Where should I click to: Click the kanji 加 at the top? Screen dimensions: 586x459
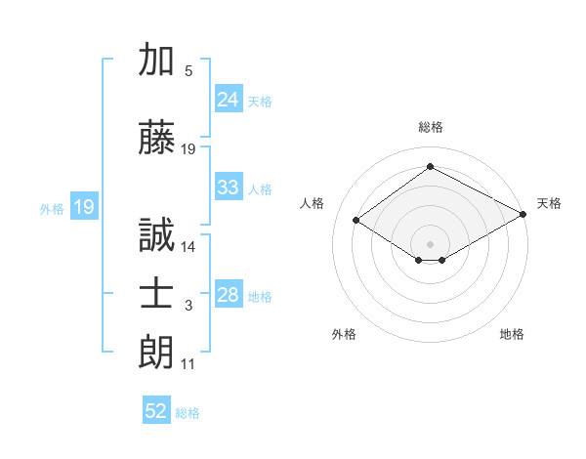coord(156,59)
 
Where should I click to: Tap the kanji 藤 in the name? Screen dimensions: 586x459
coord(156,137)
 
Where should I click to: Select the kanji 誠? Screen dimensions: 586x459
coord(156,234)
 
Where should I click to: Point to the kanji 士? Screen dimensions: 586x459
coord(156,294)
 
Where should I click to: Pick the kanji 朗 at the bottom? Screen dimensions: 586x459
coord(156,353)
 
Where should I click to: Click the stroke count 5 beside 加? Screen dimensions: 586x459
coord(188,71)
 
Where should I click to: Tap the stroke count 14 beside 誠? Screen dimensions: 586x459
coord(188,247)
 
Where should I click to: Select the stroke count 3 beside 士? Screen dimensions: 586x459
coord(188,306)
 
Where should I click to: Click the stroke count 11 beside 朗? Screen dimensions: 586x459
coord(188,364)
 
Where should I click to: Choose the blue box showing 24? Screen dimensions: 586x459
coord(229,99)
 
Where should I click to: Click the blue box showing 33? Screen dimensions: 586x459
coord(229,187)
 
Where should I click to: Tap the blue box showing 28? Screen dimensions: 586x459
coord(229,293)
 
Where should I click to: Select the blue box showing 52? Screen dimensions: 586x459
coord(156,409)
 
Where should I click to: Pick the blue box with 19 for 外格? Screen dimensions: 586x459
coord(84,206)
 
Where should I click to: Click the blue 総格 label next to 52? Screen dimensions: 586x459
coord(188,413)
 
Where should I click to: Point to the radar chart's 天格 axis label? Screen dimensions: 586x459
coord(549,204)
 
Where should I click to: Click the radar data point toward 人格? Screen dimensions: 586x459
coord(356,220)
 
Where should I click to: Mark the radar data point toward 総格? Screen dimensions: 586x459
coord(430,166)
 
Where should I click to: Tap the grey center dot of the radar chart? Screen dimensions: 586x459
coord(430,244)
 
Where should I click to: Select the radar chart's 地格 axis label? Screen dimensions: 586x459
coord(512,334)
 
